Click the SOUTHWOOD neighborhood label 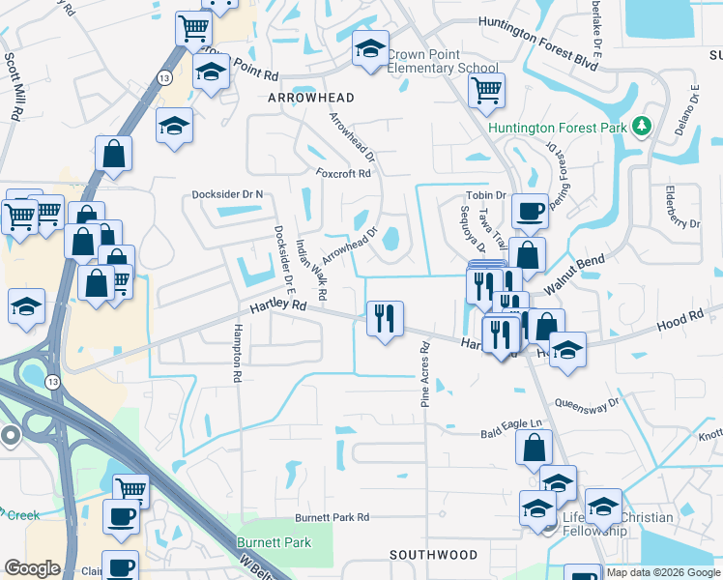pyautogui.click(x=433, y=555)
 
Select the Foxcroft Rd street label pyautogui.click(x=343, y=174)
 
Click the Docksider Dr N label pyautogui.click(x=227, y=194)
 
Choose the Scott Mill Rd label pyautogui.click(x=14, y=85)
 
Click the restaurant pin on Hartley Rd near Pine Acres pyautogui.click(x=385, y=317)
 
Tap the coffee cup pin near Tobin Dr pyautogui.click(x=530, y=211)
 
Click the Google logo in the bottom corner pyautogui.click(x=32, y=568)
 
